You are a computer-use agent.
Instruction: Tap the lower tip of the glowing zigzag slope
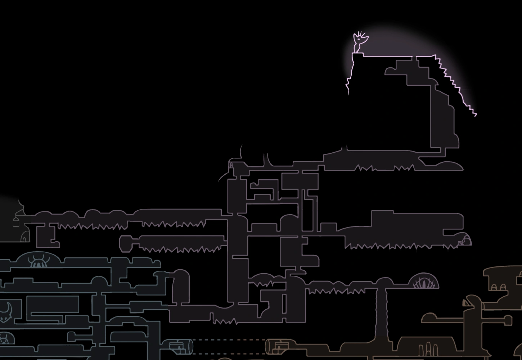tap(475, 114)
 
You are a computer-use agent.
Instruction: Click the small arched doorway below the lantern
tap(24, 237)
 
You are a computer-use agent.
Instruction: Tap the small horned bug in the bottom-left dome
tap(4, 338)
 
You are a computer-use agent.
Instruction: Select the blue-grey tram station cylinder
tap(182, 347)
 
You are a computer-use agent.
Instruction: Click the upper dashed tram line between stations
tap(229, 340)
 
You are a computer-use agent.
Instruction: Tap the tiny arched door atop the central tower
tap(231, 166)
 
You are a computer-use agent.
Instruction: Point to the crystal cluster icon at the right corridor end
tap(464, 240)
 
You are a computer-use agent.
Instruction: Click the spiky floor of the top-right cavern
tap(382, 168)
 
